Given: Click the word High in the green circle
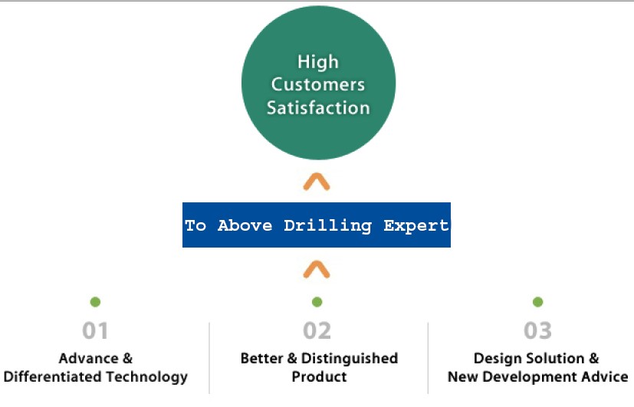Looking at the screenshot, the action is coord(318,63).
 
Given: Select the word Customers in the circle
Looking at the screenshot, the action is coord(318,84).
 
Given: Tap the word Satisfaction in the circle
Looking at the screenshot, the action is coord(318,108).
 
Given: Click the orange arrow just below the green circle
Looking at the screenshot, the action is coord(317,182).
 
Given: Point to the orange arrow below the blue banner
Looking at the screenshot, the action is coord(317,270).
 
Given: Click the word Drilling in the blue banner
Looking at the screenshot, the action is coord(327,225).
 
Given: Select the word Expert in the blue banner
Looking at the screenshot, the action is coord(416,225).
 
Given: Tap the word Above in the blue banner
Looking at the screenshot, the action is coord(245,225).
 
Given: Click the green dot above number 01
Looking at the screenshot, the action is coord(95,302).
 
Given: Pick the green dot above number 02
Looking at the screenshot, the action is coord(317,302).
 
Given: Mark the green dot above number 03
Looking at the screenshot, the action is coord(537,302).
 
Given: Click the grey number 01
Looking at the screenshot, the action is coord(95,330).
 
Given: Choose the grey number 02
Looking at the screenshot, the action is coord(317,330).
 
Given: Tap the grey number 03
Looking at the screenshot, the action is coord(537,330).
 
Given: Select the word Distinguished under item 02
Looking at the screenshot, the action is coord(350,359).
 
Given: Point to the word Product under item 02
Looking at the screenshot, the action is coord(320,376).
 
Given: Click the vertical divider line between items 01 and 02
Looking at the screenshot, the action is coord(209,358).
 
